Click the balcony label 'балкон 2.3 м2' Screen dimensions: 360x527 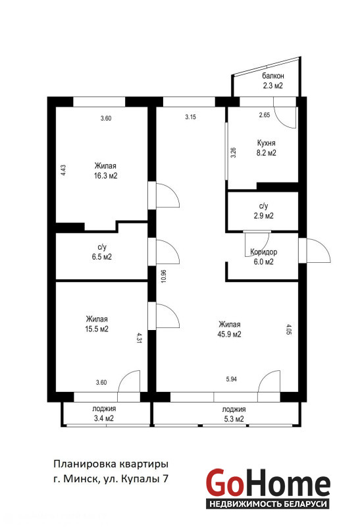tap(272, 80)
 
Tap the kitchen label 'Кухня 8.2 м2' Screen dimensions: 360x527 tap(267, 148)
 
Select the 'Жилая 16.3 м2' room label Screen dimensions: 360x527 tap(106, 171)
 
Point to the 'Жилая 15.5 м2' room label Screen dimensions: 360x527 tap(97, 324)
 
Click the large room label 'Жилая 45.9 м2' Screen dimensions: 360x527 tap(230, 329)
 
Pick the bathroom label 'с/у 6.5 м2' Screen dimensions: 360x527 tap(102, 252)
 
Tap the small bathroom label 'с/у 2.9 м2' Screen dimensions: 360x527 tap(264, 211)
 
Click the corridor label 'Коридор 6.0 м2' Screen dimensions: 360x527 tap(264, 257)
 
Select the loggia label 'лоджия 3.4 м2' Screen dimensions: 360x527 tap(104, 414)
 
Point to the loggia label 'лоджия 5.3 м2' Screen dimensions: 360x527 tap(234, 414)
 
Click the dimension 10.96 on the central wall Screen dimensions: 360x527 tap(163, 276)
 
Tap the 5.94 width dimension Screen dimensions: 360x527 tap(232, 379)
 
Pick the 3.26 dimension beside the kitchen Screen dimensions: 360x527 tap(234, 153)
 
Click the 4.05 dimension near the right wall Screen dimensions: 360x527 tap(290, 329)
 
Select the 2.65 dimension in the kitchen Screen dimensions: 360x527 tap(265, 115)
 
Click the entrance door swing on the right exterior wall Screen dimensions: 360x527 tap(318, 250)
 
